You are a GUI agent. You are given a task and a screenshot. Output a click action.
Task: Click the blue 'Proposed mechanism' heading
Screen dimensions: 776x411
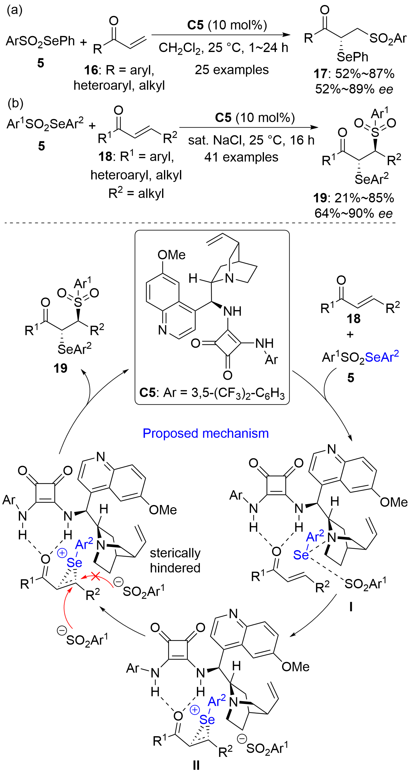click(x=206, y=433)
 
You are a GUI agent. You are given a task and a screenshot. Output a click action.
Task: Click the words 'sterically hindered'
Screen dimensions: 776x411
click(x=175, y=560)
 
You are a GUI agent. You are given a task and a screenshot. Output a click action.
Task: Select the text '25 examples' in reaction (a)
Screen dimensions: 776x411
click(x=232, y=70)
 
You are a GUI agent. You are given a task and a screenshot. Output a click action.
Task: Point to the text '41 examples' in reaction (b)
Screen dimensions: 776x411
click(x=241, y=157)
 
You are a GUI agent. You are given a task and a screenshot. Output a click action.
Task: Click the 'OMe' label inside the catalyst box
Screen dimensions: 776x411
click(x=171, y=255)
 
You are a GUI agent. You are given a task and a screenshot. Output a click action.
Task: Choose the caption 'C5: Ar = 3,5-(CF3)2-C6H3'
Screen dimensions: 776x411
click(x=212, y=393)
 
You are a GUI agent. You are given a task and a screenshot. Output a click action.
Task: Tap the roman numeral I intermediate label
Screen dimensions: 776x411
click(x=351, y=607)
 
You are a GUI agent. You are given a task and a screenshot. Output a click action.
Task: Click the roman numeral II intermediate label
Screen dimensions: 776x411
click(x=196, y=765)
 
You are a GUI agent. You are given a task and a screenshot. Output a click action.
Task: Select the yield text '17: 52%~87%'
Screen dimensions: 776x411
click(x=354, y=74)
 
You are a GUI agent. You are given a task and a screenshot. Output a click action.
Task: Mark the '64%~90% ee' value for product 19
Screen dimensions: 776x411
click(x=354, y=213)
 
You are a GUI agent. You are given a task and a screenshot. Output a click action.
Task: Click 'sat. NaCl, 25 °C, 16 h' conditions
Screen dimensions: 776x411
click(x=251, y=140)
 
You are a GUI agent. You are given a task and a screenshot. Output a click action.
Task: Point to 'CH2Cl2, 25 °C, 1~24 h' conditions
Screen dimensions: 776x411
click(x=223, y=48)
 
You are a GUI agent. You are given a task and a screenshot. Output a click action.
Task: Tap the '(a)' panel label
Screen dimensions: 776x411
click(x=15, y=10)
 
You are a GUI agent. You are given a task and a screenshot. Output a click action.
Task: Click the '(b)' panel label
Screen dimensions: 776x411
click(x=15, y=103)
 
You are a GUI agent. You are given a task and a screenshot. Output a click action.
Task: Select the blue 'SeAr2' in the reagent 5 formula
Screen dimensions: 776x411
click(x=382, y=357)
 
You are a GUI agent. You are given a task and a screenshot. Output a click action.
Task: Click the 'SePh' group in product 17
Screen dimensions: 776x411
click(x=352, y=57)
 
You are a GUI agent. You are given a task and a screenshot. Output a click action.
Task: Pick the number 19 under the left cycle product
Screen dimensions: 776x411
click(x=61, y=368)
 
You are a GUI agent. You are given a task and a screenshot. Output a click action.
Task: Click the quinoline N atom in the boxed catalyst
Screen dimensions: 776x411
click(x=162, y=330)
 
